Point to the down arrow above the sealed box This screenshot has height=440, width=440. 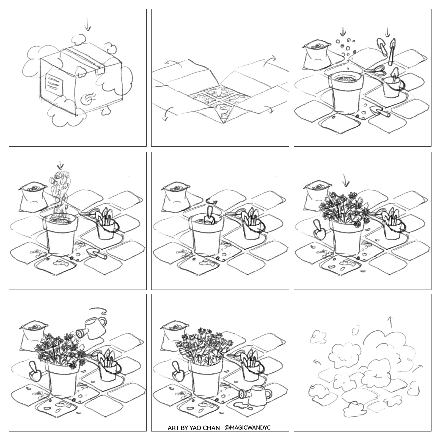(x=87, y=24)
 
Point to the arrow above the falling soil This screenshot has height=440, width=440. (x=61, y=165)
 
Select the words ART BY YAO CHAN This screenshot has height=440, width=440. (x=194, y=428)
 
